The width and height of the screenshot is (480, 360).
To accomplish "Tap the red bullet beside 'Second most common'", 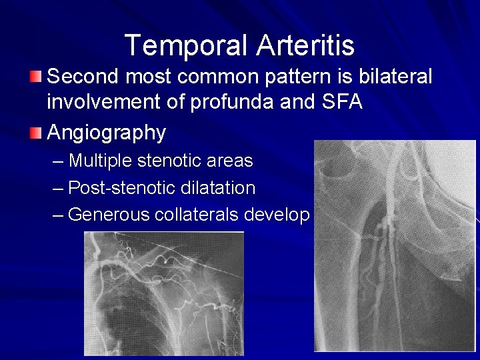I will click(36, 76).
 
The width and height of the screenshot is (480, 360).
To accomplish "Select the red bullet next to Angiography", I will click(36, 133).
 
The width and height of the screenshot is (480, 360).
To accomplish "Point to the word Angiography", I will click(106, 133).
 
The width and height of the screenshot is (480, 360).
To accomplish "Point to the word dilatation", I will click(218, 188).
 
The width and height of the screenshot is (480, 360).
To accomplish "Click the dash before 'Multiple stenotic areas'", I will click(58, 161).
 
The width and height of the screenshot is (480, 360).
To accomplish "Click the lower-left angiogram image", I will click(163, 293).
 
